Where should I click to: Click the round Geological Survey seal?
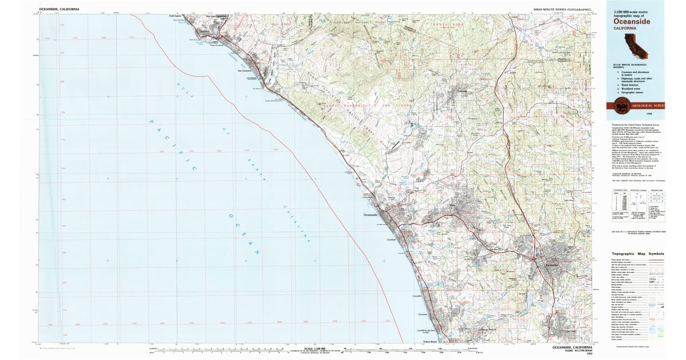pyautogui.click(x=620, y=104)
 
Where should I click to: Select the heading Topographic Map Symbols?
pyautogui.click(x=637, y=253)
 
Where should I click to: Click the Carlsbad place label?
pyautogui.click(x=391, y=239)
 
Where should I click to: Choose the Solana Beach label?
pyautogui.click(x=429, y=341)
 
